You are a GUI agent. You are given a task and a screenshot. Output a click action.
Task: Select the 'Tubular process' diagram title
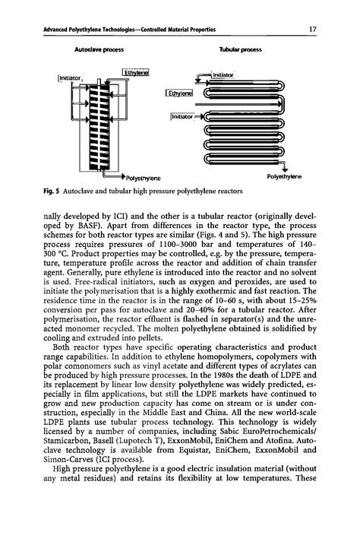(x=240, y=48)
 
